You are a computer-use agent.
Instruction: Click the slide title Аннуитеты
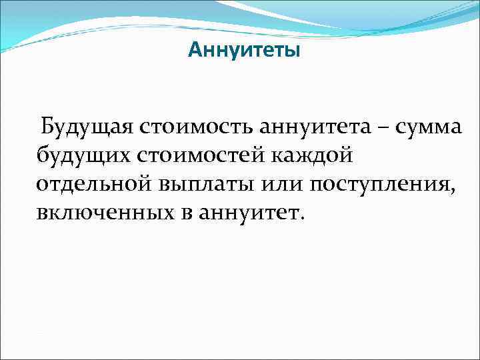click(x=244, y=51)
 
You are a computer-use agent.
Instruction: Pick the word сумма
click(x=428, y=127)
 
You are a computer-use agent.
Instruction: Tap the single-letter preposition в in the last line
click(x=183, y=214)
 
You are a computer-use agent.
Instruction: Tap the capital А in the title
click(x=195, y=51)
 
